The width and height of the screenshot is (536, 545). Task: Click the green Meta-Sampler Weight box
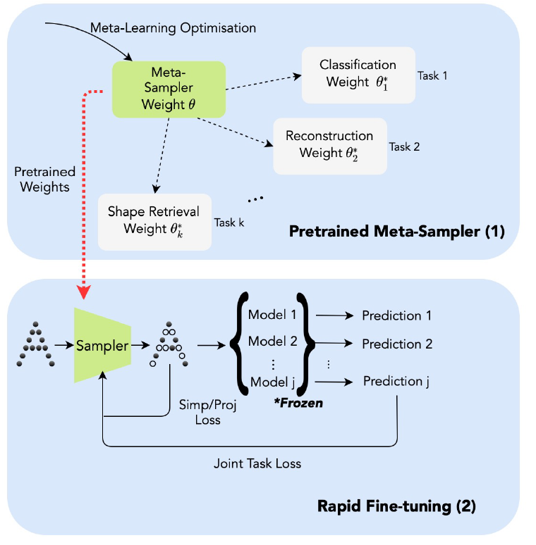click(x=169, y=89)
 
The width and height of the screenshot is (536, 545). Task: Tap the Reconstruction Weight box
click(x=329, y=144)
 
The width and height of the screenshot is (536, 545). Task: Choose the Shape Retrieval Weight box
click(x=154, y=220)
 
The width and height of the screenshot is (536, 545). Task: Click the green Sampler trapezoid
click(x=104, y=345)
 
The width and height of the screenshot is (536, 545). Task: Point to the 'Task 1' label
click(x=432, y=75)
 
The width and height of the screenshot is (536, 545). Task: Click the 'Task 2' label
click(x=404, y=147)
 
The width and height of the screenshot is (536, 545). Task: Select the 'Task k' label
click(x=229, y=223)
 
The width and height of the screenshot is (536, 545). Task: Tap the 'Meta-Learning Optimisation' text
click(x=173, y=28)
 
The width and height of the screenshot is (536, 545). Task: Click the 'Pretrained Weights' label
click(x=40, y=179)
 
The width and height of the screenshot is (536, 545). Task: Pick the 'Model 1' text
click(x=272, y=315)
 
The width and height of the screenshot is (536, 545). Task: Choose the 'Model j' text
click(x=272, y=382)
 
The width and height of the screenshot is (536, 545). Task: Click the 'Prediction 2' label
click(x=397, y=344)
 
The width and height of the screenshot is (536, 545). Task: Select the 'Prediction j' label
click(x=396, y=381)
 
